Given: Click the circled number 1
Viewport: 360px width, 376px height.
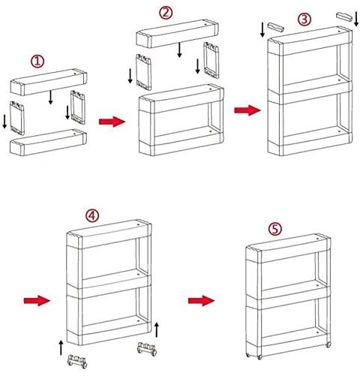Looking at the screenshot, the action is [37, 62].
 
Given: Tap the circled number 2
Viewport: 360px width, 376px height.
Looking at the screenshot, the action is [166, 13].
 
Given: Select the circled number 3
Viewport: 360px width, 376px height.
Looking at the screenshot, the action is [304, 20].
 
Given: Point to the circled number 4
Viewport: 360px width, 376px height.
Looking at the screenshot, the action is [92, 215].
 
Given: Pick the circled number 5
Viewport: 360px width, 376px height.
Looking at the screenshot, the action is [274, 229].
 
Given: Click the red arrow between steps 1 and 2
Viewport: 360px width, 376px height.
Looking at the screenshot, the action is [112, 122].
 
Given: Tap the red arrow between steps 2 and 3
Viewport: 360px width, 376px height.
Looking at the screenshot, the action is [247, 110].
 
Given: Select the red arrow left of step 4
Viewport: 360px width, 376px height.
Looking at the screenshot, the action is [37, 300].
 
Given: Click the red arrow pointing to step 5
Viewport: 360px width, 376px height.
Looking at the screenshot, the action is [202, 300].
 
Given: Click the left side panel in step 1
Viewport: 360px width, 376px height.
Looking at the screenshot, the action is [17, 118].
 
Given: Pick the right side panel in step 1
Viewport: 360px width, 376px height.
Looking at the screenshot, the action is [78, 107].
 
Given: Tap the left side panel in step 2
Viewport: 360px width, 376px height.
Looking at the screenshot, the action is [143, 72].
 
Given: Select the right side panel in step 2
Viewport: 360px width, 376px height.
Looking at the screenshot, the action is [211, 60].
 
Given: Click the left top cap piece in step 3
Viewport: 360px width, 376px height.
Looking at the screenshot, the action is [276, 27].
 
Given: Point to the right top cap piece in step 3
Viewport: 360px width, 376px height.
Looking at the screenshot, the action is [344, 17].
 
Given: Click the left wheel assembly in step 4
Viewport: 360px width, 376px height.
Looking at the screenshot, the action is [77, 361].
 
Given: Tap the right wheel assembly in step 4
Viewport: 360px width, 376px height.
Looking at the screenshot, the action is [147, 349].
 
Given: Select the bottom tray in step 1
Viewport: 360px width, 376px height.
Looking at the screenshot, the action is [48, 142].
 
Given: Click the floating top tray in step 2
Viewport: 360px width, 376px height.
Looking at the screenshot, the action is [178, 33].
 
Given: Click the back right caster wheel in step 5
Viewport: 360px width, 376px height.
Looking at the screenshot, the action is [328, 344].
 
